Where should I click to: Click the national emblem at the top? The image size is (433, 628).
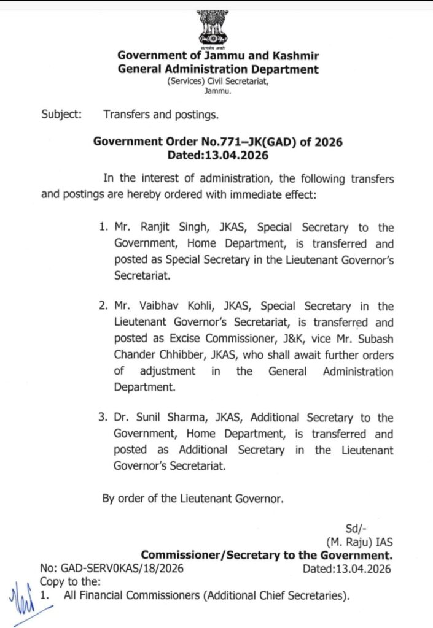point(212,28)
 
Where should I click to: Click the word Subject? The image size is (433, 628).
point(61,114)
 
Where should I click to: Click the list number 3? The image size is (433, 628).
point(103,418)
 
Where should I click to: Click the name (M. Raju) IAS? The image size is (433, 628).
point(359,542)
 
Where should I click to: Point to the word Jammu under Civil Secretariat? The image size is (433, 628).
point(217,91)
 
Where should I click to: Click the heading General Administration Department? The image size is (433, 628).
point(218,69)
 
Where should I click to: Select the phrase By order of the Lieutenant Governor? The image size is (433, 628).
point(193,498)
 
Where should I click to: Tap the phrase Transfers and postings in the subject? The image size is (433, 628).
point(161,114)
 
